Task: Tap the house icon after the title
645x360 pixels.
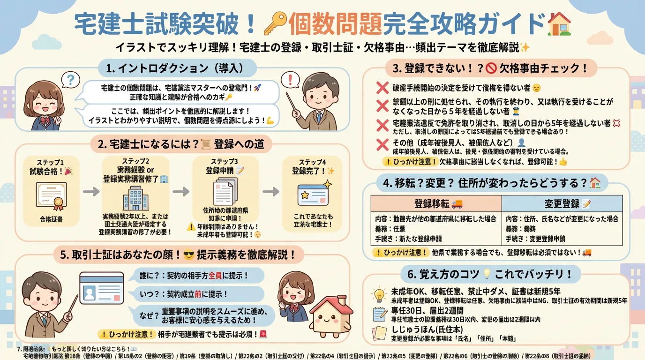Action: tap(560, 23)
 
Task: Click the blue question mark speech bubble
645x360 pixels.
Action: tap(70, 79)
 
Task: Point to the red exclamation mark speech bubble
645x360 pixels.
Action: tap(292, 79)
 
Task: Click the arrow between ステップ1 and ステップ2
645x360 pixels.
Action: tap(91, 192)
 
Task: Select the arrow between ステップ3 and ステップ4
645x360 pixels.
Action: tap(270, 192)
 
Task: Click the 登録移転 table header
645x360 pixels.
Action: tap(436, 203)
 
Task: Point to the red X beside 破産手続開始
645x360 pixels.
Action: tap(382, 88)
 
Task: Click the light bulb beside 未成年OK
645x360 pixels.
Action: tap(378, 294)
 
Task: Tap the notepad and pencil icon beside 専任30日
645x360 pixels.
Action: tap(379, 314)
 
